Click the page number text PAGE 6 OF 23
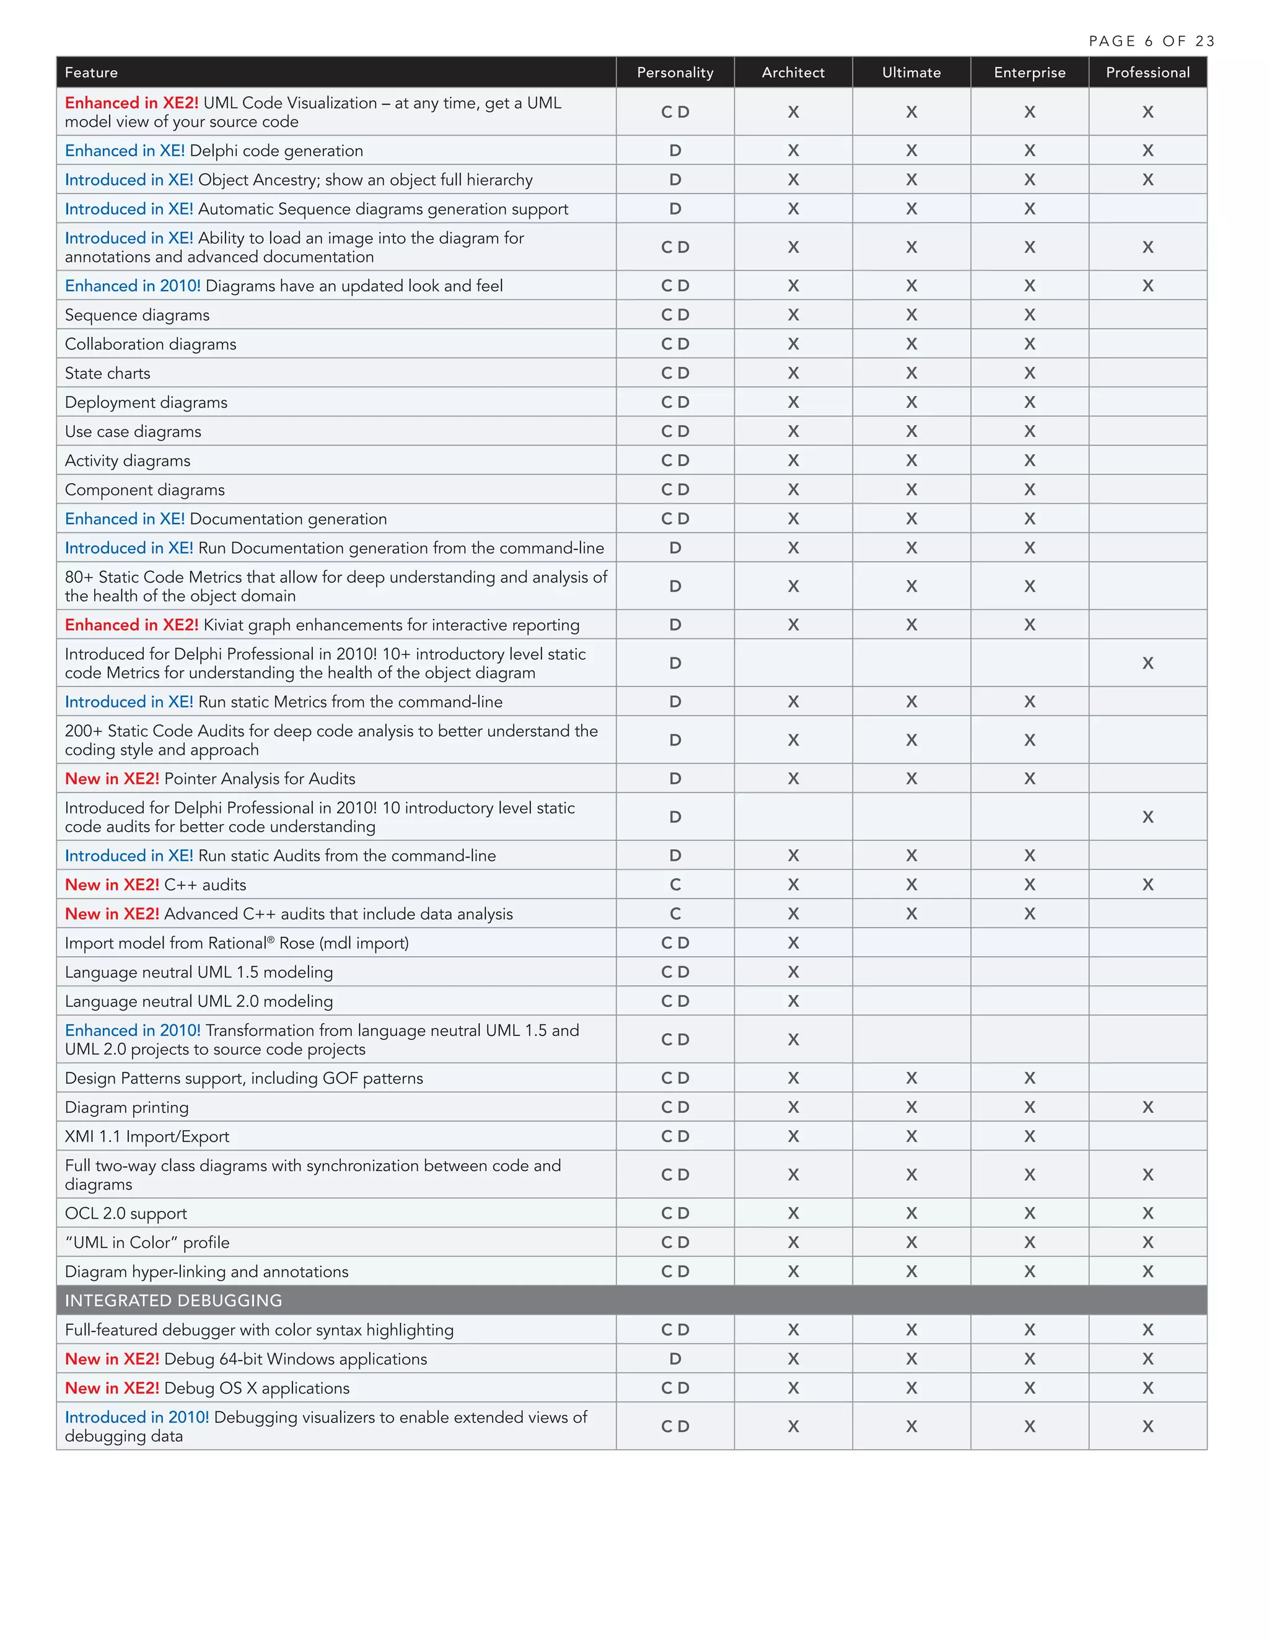coord(1151,42)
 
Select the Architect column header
coord(793,72)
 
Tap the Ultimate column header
coord(911,72)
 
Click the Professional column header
coord(1147,72)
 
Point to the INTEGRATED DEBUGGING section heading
coord(173,1300)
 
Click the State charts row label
coord(107,373)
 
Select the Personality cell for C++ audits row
coord(675,885)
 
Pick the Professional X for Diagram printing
coord(1147,1107)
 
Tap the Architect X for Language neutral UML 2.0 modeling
coord(793,1001)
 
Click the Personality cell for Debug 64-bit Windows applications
coord(675,1359)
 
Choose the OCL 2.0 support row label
coord(126,1213)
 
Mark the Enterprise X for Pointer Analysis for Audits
coord(1029,779)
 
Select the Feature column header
coord(91,72)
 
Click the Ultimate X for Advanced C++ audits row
coord(911,914)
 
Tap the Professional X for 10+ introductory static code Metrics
coord(1147,663)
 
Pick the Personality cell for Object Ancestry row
coord(675,180)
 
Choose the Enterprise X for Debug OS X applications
coord(1029,1388)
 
